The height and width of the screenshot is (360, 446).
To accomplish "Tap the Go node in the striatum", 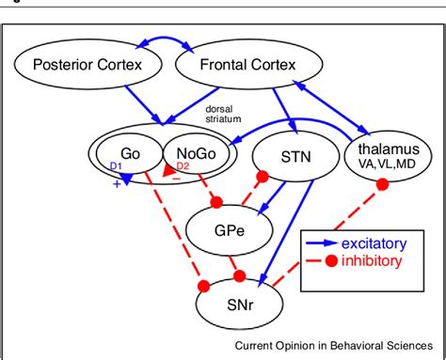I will (x=131, y=153).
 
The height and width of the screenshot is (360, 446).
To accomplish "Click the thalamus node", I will (x=383, y=154).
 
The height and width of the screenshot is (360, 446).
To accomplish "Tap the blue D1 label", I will (x=117, y=166).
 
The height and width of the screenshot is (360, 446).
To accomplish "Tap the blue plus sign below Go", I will (x=117, y=183).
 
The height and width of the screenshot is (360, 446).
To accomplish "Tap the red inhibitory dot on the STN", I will (x=263, y=176).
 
